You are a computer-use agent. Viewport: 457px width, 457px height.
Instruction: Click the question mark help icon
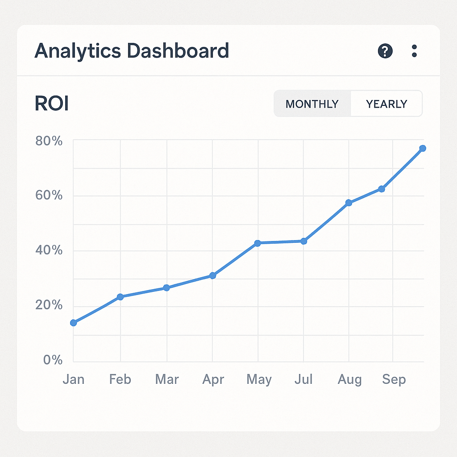[x=385, y=51]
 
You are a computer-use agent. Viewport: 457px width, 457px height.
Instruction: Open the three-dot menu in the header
[x=414, y=51]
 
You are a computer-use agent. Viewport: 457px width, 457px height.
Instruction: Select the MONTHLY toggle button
[x=312, y=104]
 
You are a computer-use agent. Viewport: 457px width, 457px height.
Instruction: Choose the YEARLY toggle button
[x=386, y=104]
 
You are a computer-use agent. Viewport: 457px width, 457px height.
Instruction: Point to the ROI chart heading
[x=51, y=104]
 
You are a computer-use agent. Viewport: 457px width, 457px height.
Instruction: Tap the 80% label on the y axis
[x=49, y=141]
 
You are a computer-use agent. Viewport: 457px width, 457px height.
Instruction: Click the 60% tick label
[x=49, y=196]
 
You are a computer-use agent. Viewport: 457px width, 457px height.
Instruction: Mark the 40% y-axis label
[x=49, y=250]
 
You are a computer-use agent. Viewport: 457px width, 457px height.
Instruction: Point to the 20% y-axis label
[x=49, y=306]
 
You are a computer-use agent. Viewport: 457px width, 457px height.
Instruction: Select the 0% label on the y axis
[x=53, y=360]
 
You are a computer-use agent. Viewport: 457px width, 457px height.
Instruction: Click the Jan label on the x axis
[x=73, y=380]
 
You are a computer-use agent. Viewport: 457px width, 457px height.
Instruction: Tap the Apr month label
[x=213, y=380]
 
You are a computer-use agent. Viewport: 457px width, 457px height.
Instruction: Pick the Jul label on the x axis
[x=303, y=380]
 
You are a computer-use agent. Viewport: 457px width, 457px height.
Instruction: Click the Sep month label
[x=394, y=380]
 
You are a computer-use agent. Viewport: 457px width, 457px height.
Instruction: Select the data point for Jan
[x=74, y=323]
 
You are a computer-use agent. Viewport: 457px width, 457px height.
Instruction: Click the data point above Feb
[x=120, y=297]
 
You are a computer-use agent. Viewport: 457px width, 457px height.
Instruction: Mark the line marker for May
[x=258, y=243]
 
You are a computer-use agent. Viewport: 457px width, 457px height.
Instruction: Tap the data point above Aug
[x=349, y=203]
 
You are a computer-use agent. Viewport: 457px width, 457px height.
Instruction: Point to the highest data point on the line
[x=423, y=148]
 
